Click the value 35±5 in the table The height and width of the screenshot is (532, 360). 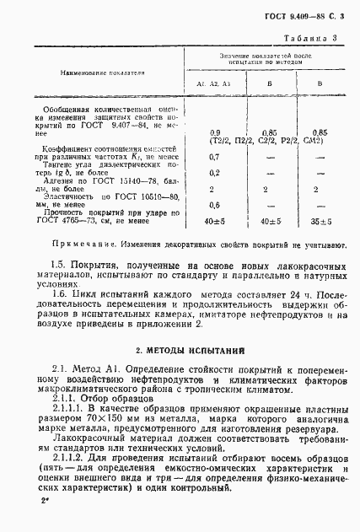click(x=319, y=222)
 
